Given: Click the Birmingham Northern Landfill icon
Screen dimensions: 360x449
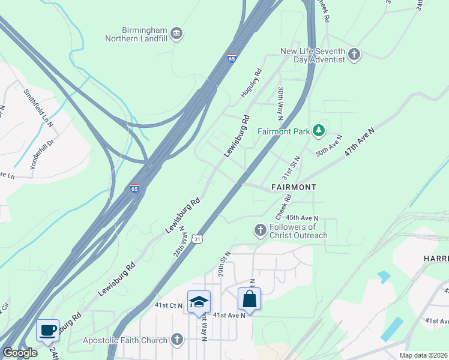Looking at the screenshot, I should [x=176, y=32].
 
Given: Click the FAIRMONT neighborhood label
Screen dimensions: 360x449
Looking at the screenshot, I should [x=293, y=187].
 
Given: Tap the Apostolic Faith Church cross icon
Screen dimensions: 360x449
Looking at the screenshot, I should [x=176, y=340].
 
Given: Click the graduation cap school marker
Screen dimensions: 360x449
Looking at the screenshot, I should [x=199, y=302].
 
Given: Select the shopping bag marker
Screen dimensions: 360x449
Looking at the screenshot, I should [x=249, y=298].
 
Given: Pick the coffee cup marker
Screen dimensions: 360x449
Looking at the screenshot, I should [x=47, y=330].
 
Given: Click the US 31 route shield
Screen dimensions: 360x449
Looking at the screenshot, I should [x=197, y=239].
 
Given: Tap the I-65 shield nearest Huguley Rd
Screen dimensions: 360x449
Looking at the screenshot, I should [x=232, y=58].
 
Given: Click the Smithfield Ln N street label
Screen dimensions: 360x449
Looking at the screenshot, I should [x=39, y=108].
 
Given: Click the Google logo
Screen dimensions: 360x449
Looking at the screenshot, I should [x=20, y=352].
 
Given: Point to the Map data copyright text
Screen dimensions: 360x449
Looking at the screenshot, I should [x=423, y=355].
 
